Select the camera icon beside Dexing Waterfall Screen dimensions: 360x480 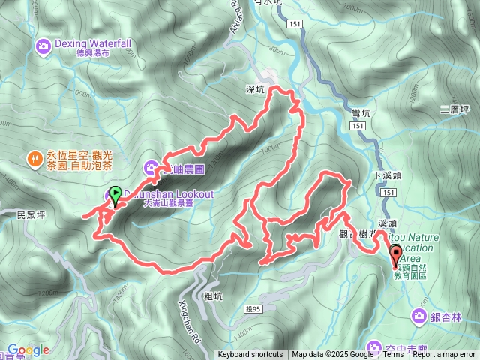[43, 47]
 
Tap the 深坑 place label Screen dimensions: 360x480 [256, 89]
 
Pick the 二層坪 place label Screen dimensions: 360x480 [454, 109]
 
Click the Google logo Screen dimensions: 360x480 [28, 349]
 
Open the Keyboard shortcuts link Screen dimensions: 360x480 [250, 355]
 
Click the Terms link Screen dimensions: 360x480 [393, 355]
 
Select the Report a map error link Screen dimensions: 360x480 [445, 355]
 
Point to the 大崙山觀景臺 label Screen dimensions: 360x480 [175, 202]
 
